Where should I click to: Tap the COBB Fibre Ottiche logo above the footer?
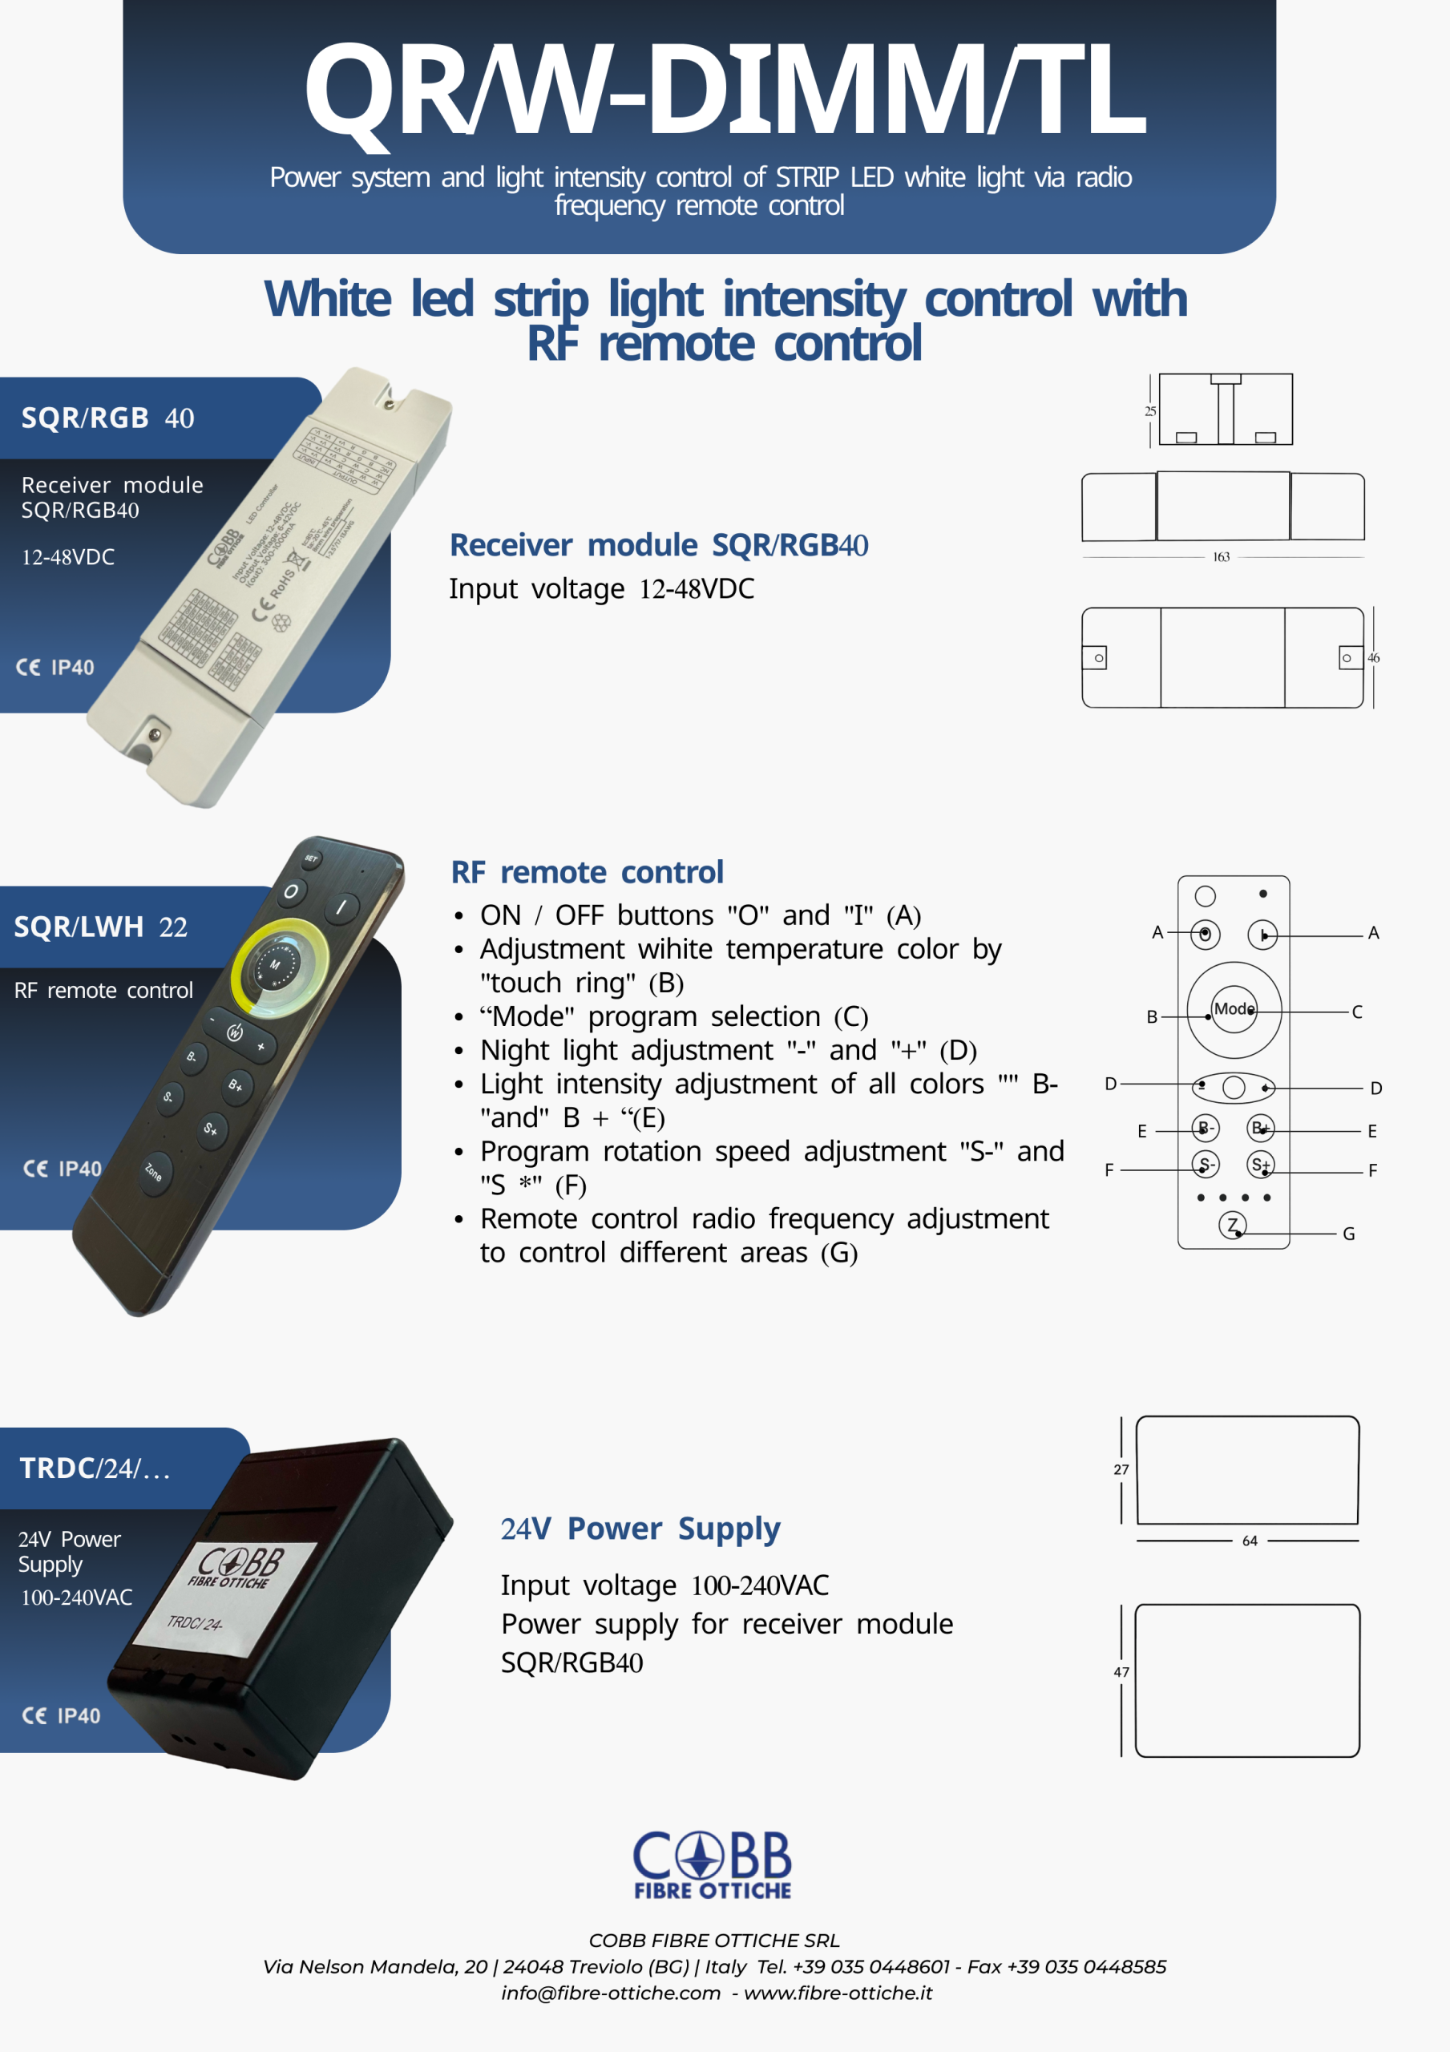[x=713, y=1864]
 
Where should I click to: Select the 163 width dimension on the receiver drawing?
[x=1221, y=557]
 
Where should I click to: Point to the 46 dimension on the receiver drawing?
[x=1373, y=658]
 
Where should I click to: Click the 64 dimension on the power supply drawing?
[x=1250, y=1541]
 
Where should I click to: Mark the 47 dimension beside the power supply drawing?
[x=1121, y=1671]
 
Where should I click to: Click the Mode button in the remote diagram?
[x=1234, y=1009]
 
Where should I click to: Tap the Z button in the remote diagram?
[x=1233, y=1226]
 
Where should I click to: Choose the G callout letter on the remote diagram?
[x=1349, y=1234]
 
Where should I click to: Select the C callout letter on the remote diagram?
[x=1357, y=1012]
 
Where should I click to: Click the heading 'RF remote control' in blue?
[x=587, y=872]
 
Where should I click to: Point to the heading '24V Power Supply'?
[x=640, y=1529]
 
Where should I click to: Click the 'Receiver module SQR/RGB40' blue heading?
[x=658, y=545]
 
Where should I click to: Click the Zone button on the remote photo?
[x=154, y=1170]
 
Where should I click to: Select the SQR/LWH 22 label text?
[x=100, y=927]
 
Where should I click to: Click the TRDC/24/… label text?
[x=95, y=1468]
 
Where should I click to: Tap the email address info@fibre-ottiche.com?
[x=611, y=1992]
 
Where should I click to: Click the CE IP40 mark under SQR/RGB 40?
[x=55, y=668]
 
